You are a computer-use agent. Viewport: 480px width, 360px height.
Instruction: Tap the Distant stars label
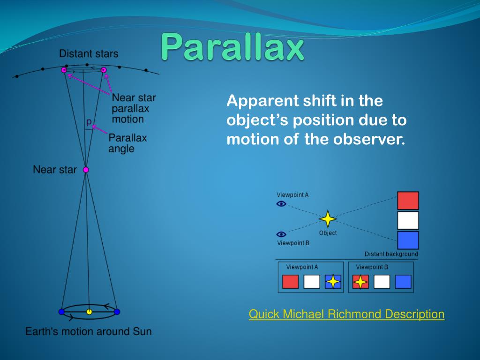point(89,54)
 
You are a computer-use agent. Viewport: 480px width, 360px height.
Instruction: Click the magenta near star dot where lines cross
point(86,170)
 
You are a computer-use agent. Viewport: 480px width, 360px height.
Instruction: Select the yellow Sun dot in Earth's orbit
point(89,312)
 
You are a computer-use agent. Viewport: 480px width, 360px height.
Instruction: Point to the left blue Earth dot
point(61,312)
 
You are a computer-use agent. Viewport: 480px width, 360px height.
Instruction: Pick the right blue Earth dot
point(117,312)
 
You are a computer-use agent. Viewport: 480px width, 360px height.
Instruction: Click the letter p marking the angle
point(89,122)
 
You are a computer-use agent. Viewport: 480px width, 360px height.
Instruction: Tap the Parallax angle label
point(127,143)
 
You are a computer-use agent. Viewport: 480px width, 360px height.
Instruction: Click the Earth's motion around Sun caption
point(89,331)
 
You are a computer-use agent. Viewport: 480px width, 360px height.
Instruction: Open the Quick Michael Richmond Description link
point(346,314)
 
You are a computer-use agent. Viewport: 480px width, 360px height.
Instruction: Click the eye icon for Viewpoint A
point(281,203)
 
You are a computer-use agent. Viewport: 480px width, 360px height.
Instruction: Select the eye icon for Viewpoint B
point(281,234)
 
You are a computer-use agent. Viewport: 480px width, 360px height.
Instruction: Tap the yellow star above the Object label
point(328,218)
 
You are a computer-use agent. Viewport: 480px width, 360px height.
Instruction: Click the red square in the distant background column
point(408,201)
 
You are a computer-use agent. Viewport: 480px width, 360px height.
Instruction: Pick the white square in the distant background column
point(408,220)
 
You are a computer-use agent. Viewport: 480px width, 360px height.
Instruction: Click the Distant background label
point(391,254)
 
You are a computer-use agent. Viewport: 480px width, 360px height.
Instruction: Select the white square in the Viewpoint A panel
point(312,282)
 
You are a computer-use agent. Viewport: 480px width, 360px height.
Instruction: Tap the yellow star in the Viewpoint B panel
point(360,282)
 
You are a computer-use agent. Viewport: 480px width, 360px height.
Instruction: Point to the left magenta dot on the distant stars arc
point(64,70)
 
